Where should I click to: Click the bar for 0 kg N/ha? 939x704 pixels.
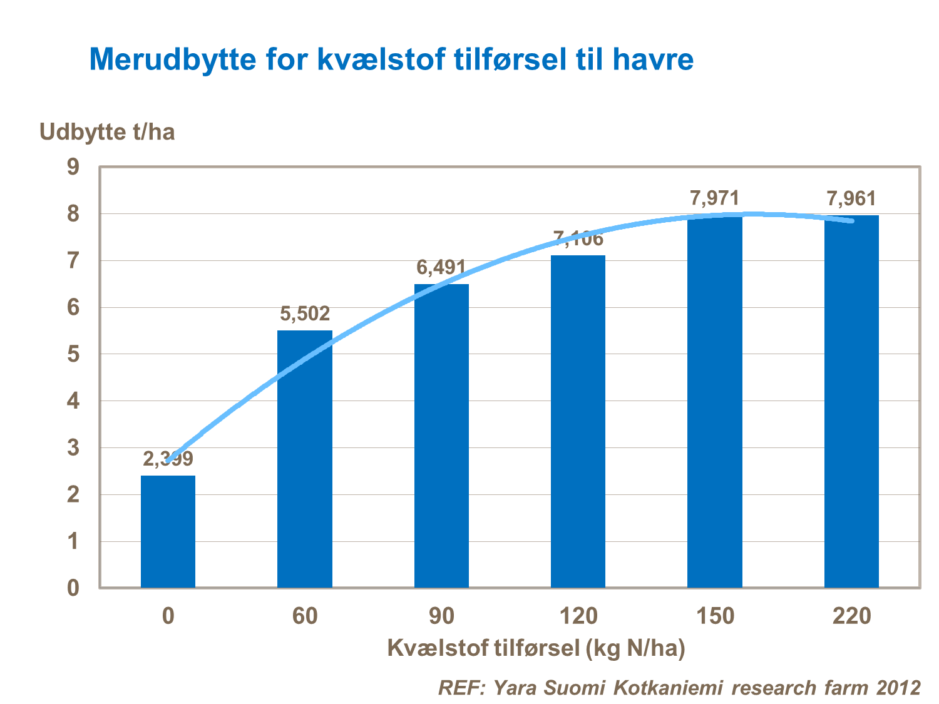(168, 531)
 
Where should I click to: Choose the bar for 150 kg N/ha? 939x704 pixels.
(714, 401)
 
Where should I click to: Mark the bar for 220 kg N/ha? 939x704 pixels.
(851, 401)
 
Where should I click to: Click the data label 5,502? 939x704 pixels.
(305, 314)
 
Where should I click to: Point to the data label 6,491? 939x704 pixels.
(441, 268)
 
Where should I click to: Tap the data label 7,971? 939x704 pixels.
(714, 198)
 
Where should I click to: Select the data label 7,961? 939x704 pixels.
(851, 199)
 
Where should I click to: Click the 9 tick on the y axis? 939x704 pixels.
(74, 167)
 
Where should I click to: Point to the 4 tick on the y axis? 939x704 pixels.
(74, 401)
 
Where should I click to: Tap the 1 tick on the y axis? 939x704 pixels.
(74, 541)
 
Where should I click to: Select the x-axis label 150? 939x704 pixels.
(715, 616)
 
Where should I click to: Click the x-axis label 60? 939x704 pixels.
(305, 616)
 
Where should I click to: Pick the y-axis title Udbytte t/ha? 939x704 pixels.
(107, 132)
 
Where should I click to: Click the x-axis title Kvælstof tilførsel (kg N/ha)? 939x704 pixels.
(536, 648)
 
